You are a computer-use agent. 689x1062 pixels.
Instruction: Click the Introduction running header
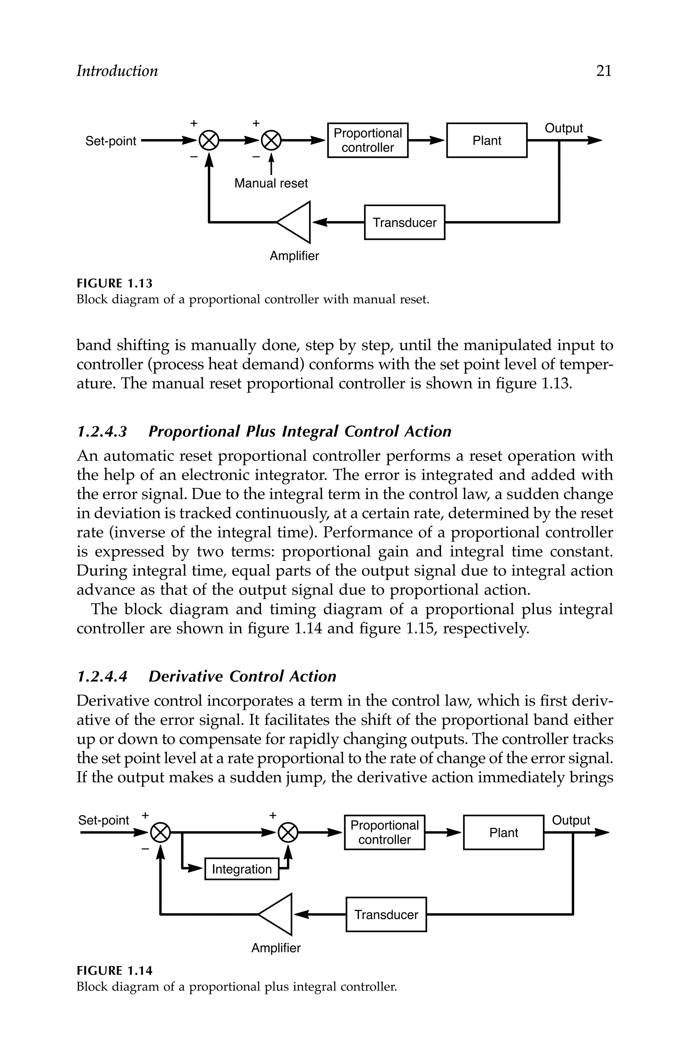coord(117,71)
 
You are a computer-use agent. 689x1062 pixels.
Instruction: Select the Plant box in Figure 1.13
coord(486,141)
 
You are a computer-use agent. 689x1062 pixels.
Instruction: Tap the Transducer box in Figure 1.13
coord(404,222)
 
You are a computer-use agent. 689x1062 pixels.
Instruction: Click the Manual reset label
coord(271,183)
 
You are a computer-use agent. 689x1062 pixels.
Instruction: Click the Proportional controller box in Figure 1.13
coord(368,141)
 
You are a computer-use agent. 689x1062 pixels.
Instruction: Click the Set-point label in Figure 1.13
coord(111,141)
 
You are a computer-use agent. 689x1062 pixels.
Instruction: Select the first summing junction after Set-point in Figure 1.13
coord(208,141)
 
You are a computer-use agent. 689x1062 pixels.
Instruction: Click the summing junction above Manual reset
coord(271,141)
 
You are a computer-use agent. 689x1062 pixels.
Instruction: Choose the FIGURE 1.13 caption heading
coord(114,283)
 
